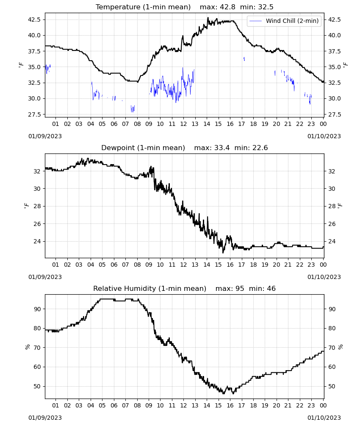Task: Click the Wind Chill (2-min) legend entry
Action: tap(284, 21)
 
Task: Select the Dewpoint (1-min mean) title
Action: tap(143, 148)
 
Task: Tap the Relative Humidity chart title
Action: tap(150, 288)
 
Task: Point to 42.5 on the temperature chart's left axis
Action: tap(34, 20)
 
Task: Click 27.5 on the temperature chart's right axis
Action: tap(334, 114)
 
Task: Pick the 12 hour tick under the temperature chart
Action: tap(183, 124)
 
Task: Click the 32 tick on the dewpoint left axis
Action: tap(37, 171)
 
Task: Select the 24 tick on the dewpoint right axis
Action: tap(332, 241)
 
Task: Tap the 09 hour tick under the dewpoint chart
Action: tap(149, 265)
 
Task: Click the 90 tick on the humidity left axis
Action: tap(37, 309)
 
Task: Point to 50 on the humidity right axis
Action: tap(332, 386)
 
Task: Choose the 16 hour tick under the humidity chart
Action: tap(230, 405)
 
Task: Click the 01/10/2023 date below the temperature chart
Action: tap(324, 136)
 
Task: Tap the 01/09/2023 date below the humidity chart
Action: tap(45, 418)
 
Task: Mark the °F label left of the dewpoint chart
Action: tap(26, 206)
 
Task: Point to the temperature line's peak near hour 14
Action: tap(208, 18)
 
